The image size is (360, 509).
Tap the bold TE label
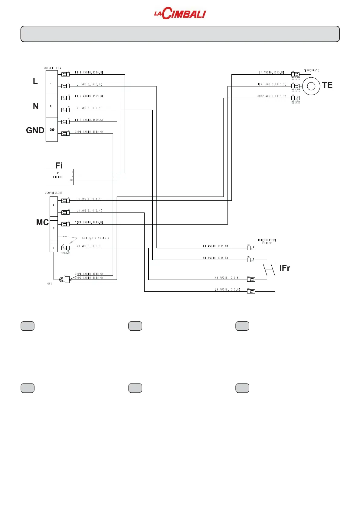coord(327,85)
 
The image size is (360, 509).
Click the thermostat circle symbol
coord(311,86)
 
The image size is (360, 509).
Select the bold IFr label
coord(285,268)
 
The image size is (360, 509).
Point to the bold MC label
coord(42,222)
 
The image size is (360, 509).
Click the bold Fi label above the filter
coord(59,165)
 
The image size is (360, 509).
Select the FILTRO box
coord(59,177)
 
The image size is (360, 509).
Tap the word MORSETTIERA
coord(52,68)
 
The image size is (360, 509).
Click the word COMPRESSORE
coord(54,193)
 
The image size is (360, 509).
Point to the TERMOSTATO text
coord(311,70)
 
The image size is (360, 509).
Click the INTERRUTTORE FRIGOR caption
coord(267,242)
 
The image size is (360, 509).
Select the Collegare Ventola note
coord(96,238)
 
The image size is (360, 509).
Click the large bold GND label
coord(35,130)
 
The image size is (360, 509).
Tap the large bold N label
coord(36,106)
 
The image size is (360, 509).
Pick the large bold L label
coord(35,82)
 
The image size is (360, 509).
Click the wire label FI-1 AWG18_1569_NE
coord(89,73)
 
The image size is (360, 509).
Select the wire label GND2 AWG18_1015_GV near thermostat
coord(271,96)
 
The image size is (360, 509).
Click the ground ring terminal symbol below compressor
coord(62,280)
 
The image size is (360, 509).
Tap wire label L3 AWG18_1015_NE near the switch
coord(227,290)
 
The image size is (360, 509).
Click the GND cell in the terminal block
coord(52,130)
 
